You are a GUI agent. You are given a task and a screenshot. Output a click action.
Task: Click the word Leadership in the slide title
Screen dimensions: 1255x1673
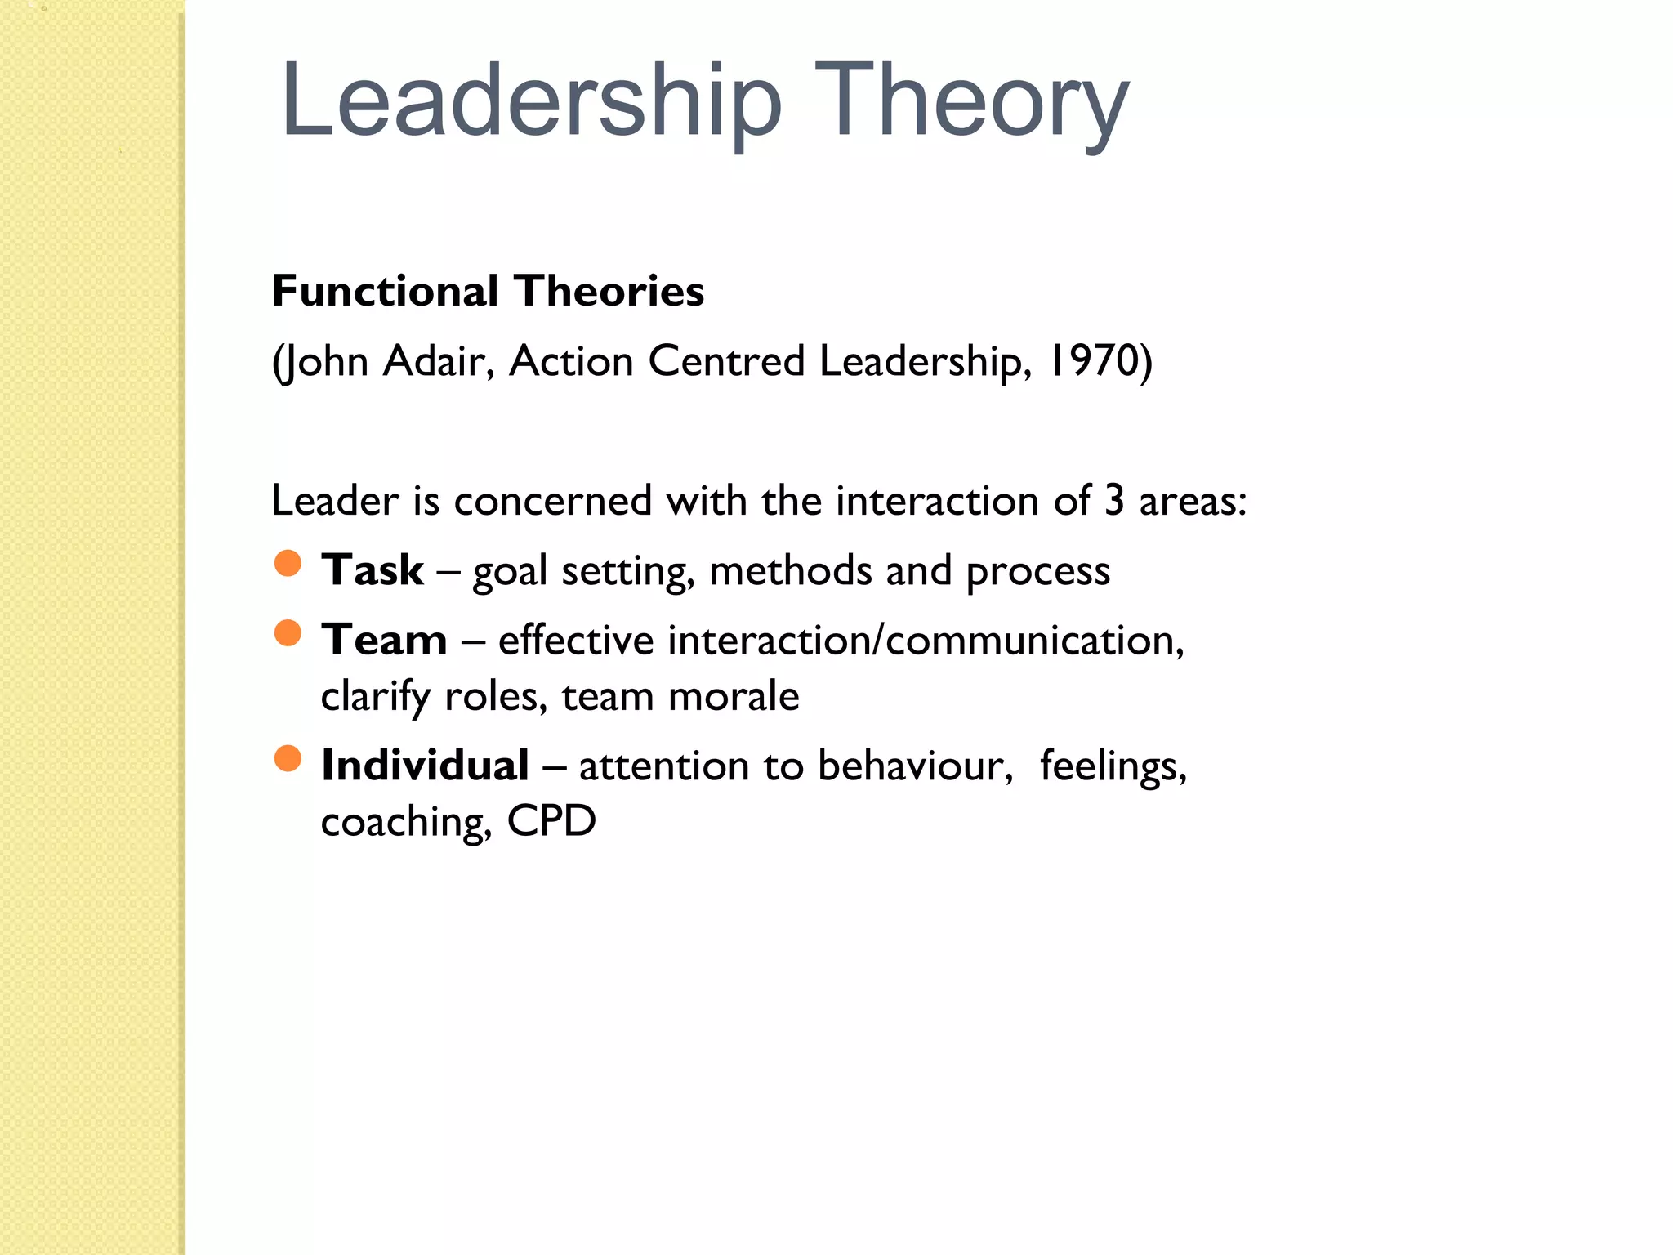[531, 102]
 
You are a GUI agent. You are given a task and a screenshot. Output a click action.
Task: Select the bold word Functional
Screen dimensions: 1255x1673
[385, 291]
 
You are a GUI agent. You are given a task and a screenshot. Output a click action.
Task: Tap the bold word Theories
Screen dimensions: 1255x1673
[609, 291]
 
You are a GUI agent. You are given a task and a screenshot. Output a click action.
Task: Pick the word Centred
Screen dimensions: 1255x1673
[726, 361]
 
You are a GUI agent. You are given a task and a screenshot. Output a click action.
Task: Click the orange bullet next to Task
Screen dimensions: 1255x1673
[288, 563]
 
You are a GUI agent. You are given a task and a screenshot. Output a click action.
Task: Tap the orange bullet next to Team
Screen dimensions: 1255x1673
[288, 633]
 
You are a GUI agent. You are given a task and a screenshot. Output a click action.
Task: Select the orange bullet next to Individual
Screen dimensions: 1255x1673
[288, 759]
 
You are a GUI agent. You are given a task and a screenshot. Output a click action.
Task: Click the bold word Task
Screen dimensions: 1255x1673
[373, 569]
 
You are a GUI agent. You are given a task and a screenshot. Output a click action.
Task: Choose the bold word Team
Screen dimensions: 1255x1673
[384, 640]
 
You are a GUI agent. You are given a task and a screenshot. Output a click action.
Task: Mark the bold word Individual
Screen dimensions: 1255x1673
[425, 766]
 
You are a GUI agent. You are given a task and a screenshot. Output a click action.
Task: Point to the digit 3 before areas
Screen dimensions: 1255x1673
[1114, 500]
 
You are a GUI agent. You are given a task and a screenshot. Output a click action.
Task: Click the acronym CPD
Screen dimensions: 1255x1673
[551, 821]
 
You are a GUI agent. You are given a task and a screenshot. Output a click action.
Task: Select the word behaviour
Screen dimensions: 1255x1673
[915, 766]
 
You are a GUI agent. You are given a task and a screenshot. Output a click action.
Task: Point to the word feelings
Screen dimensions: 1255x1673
[1113, 766]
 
